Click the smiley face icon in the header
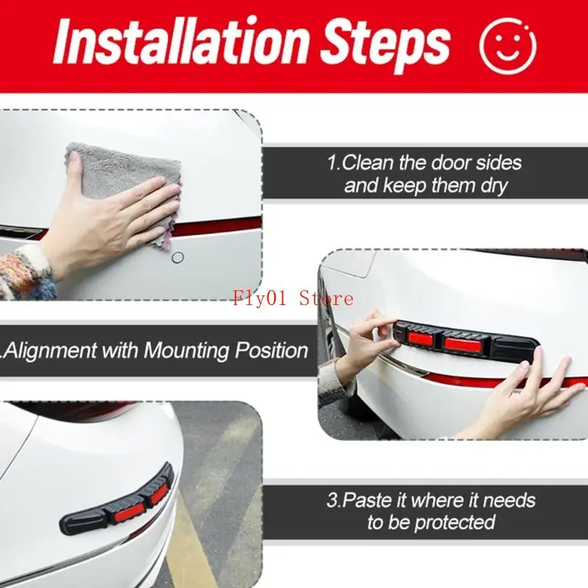508,45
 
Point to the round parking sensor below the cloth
177,258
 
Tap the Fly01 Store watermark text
293,298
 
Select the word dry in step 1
492,185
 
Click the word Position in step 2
271,350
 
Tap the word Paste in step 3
373,501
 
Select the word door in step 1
451,162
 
